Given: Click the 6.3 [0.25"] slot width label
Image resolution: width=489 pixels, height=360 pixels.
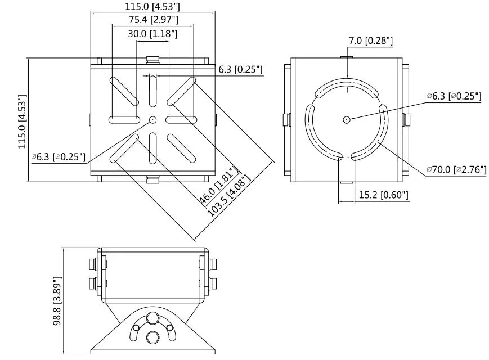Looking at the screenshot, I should [240, 70].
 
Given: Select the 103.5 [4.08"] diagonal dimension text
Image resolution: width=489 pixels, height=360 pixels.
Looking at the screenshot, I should [230, 196].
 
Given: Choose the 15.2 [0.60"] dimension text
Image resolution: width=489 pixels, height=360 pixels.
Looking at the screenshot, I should [383, 195].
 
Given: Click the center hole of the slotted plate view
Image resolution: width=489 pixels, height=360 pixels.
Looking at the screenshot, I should [152, 119].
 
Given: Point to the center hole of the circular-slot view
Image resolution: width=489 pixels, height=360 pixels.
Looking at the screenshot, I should [347, 119].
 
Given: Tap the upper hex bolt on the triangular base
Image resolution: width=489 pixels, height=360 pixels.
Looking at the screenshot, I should [152, 318].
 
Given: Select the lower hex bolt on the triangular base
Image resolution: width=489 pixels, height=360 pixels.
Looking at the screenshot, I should [152, 337].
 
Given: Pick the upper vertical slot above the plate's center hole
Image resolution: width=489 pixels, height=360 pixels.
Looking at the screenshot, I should [152, 92].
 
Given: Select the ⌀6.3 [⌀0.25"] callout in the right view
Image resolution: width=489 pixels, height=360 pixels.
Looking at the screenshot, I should [454, 96].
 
